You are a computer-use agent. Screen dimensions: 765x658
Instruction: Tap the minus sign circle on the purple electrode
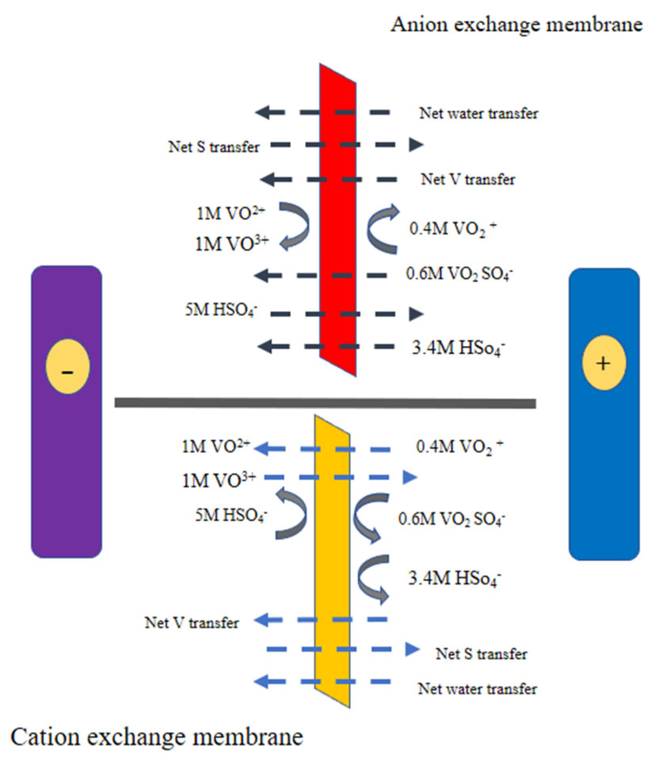67,366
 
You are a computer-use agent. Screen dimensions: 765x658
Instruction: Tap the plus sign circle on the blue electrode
603,363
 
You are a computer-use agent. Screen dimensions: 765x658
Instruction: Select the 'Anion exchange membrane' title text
516,25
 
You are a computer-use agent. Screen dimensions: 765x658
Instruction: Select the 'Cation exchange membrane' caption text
157,737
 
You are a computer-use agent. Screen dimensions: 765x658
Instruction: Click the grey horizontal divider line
325,403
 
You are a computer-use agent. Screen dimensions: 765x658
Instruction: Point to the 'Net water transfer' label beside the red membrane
478,113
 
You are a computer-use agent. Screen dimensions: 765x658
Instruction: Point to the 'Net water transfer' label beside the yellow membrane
477,689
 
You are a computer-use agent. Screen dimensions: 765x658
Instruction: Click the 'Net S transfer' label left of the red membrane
214,147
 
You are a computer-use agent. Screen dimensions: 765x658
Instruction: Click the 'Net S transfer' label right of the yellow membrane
481,654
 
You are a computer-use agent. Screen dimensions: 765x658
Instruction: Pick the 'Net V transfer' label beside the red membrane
468,179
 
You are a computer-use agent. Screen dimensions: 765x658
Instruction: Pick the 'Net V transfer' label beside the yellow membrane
192,623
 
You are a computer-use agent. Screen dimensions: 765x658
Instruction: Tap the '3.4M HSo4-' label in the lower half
454,578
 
